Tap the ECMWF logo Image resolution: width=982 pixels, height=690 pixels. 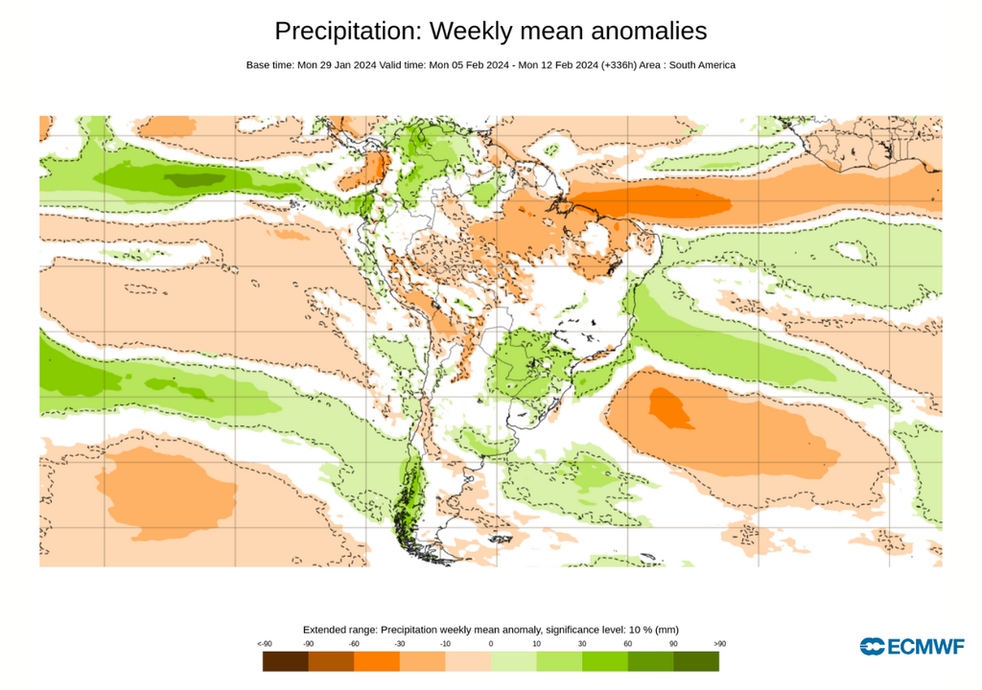click(x=912, y=647)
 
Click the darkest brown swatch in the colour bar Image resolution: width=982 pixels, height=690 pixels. click(x=285, y=661)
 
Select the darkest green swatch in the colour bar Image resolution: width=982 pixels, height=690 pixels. click(x=696, y=661)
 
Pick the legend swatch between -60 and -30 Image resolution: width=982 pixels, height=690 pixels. click(x=376, y=661)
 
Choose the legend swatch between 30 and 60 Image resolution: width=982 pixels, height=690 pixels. click(x=604, y=661)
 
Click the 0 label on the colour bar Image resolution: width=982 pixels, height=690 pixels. click(x=490, y=644)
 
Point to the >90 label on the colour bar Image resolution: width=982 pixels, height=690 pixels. click(x=719, y=644)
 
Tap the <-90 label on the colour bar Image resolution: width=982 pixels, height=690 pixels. click(x=263, y=644)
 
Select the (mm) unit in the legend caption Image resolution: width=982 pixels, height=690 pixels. click(x=667, y=630)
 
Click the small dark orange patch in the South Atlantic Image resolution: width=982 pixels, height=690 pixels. click(x=668, y=406)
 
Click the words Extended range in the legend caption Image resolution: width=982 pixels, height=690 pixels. click(x=339, y=630)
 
